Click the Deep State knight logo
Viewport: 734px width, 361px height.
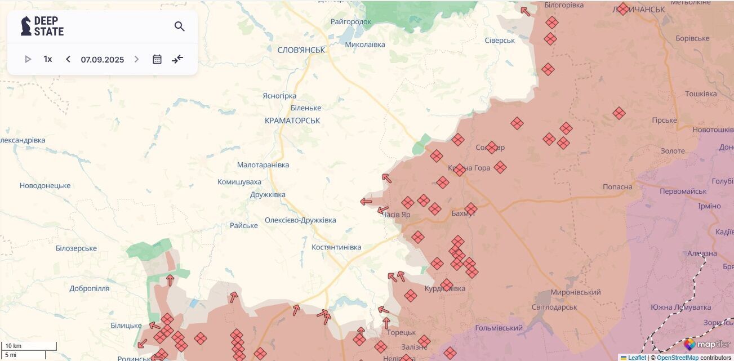[26, 26]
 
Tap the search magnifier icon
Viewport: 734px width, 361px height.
[180, 26]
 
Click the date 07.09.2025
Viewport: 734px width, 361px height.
[102, 59]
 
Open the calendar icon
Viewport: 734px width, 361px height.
[157, 59]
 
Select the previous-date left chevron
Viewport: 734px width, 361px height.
[68, 59]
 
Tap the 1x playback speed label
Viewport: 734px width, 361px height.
[48, 59]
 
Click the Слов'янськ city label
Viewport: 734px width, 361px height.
[301, 50]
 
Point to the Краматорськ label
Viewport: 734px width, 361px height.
[292, 121]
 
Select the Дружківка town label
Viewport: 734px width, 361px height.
[268, 195]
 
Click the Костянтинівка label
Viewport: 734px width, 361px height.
[336, 247]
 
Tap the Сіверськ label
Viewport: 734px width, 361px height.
[500, 41]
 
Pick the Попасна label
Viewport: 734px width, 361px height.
[617, 187]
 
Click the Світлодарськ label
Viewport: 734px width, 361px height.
[554, 307]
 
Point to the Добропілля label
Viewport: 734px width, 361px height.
[90, 288]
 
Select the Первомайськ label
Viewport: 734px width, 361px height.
[683, 191]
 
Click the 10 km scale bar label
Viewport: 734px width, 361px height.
[14, 346]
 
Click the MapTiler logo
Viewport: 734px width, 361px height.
[707, 344]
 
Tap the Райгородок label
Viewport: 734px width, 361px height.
[351, 22]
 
